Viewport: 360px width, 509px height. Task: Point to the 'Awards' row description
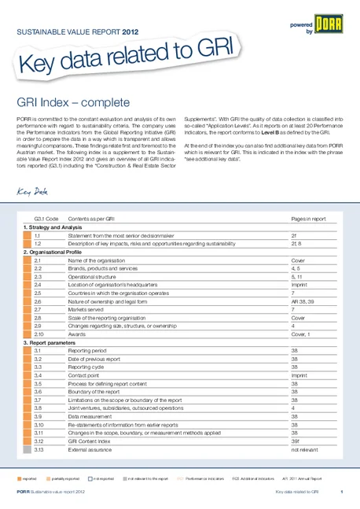point(77,334)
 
